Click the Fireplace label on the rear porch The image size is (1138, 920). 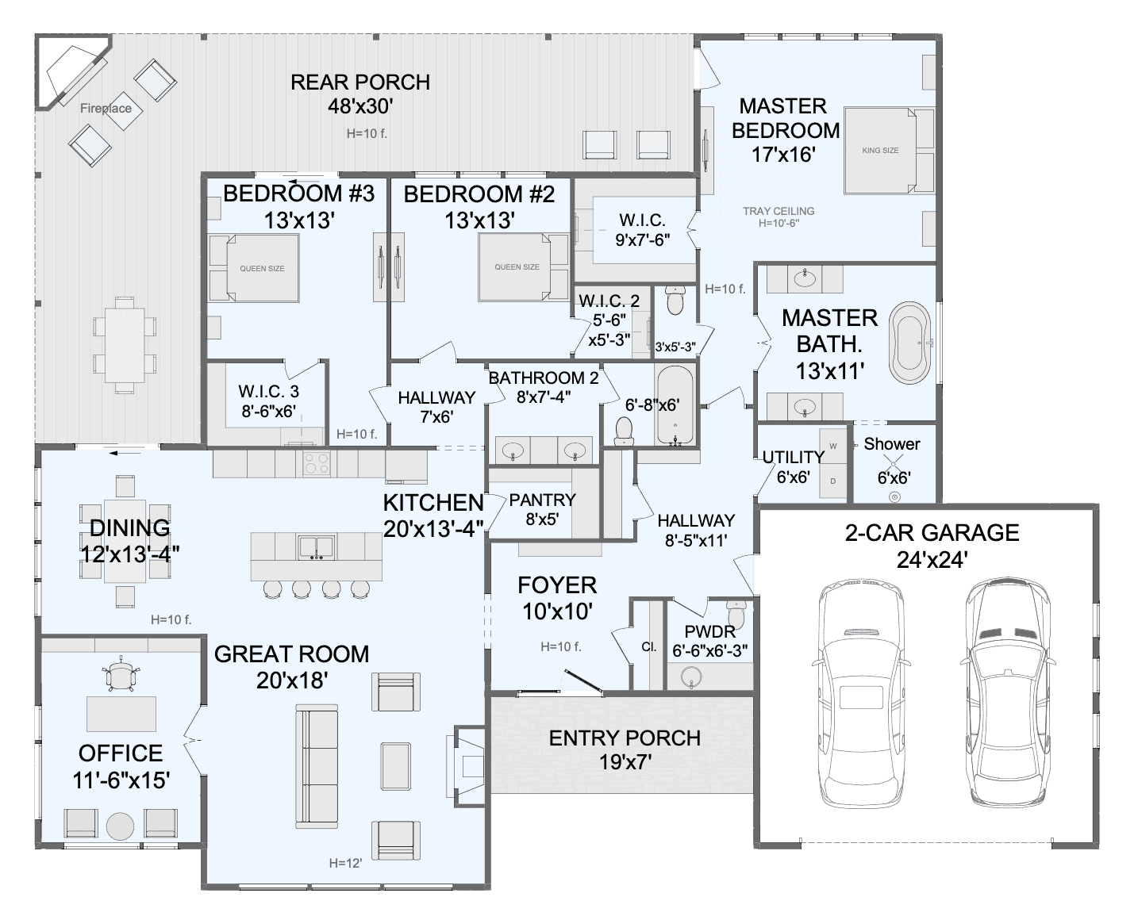(106, 109)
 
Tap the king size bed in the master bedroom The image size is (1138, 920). (880, 151)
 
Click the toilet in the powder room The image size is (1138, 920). (736, 614)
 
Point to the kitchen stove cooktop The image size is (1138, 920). (317, 463)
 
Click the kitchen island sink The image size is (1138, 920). (317, 547)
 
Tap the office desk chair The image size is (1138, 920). (121, 675)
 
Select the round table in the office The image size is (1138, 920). (120, 826)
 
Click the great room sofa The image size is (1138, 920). (317, 765)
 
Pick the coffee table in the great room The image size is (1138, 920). (396, 766)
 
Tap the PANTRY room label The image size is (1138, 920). (542, 500)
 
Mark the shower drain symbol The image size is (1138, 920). (894, 497)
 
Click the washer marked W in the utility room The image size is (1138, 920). (833, 446)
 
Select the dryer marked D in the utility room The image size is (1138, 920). (833, 481)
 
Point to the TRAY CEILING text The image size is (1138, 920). (779, 211)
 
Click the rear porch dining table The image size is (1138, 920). (125, 345)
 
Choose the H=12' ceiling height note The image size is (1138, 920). (345, 863)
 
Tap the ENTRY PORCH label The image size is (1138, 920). (625, 738)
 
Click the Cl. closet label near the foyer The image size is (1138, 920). (648, 646)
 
